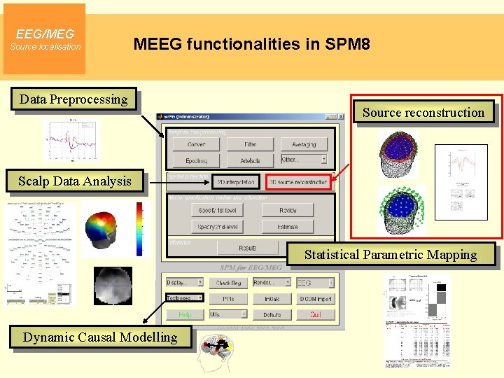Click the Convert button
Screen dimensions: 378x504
click(197, 145)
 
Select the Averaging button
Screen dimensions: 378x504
click(304, 145)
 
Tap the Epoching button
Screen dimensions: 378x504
click(197, 161)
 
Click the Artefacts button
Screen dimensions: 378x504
click(250, 161)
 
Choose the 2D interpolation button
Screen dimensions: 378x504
click(235, 182)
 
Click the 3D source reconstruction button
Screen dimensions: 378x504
click(297, 182)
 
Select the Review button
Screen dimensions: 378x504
click(288, 210)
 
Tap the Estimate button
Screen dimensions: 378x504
click(288, 227)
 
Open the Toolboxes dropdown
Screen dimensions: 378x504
click(184, 298)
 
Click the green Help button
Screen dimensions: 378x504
click(184, 315)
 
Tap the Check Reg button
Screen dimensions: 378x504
click(228, 283)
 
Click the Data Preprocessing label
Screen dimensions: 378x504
click(73, 99)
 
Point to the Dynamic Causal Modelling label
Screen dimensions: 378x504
click(100, 337)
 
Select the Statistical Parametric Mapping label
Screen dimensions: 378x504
click(390, 255)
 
